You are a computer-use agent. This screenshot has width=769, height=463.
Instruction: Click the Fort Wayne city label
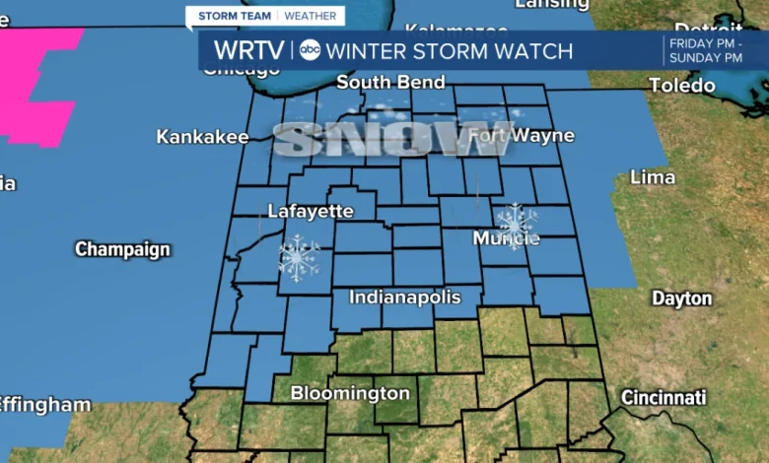507,134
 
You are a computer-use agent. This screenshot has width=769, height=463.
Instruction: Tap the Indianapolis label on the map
405,297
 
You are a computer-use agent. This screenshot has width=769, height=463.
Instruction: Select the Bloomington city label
350,393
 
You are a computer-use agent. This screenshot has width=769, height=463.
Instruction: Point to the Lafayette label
311,211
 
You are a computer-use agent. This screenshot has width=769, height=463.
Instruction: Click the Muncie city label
506,238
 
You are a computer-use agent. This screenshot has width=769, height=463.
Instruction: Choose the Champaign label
122,249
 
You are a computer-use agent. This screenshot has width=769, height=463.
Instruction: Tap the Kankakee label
202,137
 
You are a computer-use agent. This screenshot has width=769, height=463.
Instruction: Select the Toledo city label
682,86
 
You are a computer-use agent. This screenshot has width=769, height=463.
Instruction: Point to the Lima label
653,177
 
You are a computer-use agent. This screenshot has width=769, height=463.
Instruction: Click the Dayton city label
681,298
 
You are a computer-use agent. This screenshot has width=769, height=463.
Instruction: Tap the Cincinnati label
664,398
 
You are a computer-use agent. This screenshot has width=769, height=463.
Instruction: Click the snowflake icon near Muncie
516,223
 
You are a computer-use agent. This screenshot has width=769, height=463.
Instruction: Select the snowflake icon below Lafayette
299,258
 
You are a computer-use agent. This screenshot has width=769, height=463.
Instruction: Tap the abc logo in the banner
310,50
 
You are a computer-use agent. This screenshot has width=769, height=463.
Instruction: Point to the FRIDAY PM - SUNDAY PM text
705,50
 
